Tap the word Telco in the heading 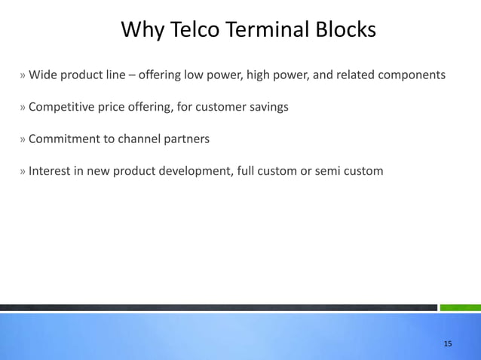(x=198, y=30)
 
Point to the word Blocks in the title (x=347, y=30)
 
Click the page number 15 (x=448, y=343)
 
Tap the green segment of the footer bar (x=460, y=307)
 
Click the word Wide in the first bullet (x=42, y=75)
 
